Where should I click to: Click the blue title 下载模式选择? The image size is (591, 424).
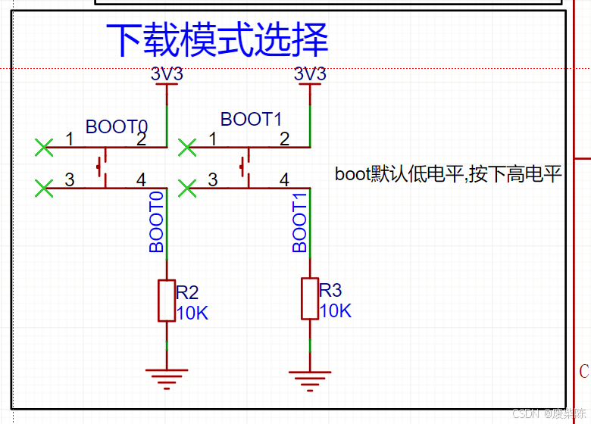[217, 39]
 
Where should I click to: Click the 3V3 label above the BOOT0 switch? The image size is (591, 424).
[167, 74]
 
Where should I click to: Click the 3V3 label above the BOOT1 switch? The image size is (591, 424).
[310, 74]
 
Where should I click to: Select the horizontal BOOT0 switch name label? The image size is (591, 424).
[117, 126]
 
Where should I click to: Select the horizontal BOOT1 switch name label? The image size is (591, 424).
[251, 119]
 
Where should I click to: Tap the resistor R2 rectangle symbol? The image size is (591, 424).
[167, 301]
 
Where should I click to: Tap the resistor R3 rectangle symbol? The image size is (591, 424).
[310, 298]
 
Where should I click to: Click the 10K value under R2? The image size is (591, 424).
[192, 313]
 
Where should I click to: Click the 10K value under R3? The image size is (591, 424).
[335, 310]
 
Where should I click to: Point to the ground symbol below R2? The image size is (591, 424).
[167, 376]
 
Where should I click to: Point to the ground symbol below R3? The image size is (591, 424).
[310, 376]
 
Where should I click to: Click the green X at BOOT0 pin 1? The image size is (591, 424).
[44, 147]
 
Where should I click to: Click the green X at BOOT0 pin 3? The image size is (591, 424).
[44, 187]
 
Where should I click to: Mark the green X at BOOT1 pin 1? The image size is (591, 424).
[186, 147]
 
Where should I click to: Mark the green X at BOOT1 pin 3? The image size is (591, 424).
[186, 187]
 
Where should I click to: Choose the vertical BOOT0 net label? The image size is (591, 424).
[157, 222]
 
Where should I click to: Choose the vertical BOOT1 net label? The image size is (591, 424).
[300, 222]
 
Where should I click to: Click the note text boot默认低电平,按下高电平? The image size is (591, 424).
[448, 174]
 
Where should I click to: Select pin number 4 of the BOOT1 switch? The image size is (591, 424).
[284, 179]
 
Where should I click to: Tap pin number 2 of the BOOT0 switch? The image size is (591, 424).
[141, 139]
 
